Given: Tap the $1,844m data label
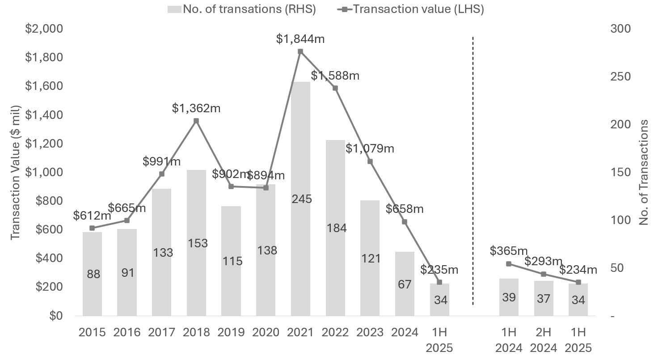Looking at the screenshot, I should coord(300,39).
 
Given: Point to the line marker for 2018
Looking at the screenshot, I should coord(196,121).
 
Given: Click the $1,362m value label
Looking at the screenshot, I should coord(196,108).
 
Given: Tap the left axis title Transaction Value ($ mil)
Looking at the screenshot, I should coord(16,172).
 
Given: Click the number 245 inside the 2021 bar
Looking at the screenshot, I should coord(300,199).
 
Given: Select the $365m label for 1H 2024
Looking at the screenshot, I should coord(509,250).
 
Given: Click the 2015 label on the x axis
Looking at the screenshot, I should coord(92,332).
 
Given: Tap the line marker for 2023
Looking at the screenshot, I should coord(370,161).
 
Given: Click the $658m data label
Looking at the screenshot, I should coord(405,209).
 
